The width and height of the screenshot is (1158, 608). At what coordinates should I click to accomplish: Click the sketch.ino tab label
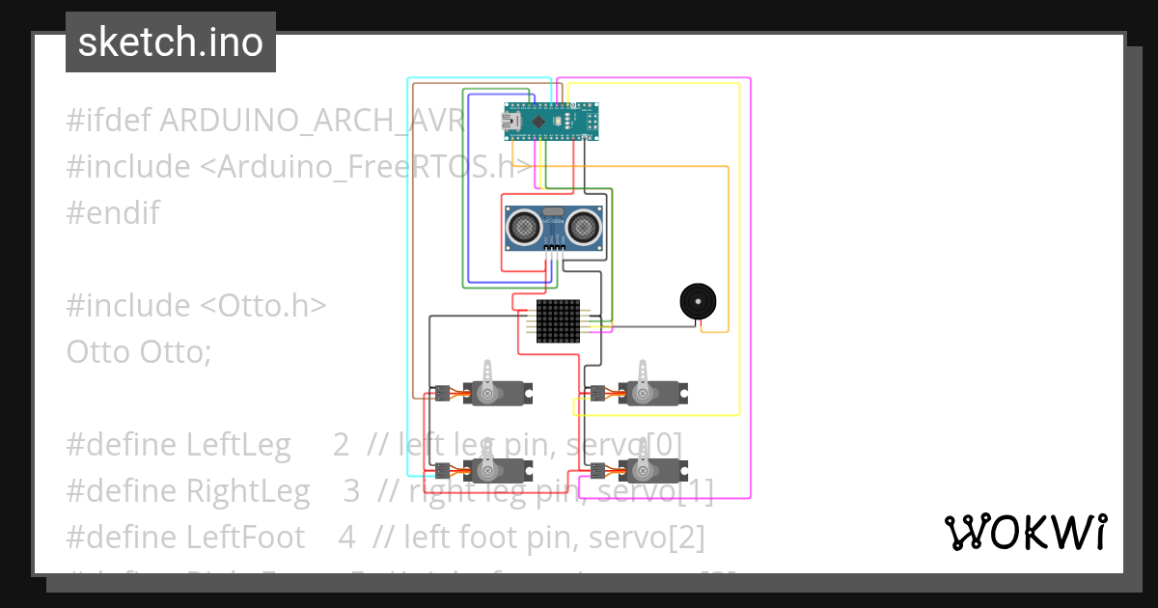click(170, 42)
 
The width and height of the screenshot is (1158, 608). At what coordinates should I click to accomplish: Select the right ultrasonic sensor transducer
click(584, 228)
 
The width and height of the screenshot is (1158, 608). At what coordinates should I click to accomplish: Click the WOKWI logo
click(1025, 532)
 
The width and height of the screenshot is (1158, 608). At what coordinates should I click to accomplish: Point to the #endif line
click(112, 212)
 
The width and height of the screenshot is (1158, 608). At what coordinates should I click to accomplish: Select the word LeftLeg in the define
click(238, 444)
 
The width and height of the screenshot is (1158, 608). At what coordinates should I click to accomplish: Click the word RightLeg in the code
click(248, 490)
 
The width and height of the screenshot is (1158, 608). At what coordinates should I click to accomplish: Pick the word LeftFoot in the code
click(245, 536)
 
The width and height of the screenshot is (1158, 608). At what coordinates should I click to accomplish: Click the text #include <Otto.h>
click(197, 305)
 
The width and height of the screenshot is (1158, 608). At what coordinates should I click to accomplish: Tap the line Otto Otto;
click(138, 351)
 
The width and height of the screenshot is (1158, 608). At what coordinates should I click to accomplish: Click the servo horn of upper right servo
click(642, 375)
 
